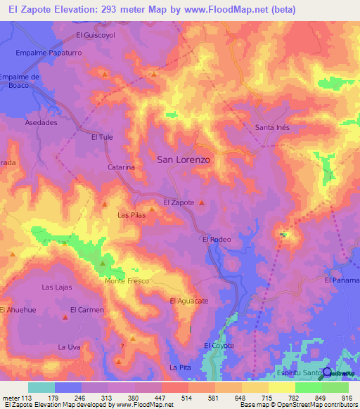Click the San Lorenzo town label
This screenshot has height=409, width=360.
click(x=184, y=160)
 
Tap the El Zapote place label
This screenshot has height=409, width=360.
click(x=179, y=202)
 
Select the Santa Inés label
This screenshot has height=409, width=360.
click(x=272, y=127)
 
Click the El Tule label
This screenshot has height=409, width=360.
click(x=102, y=138)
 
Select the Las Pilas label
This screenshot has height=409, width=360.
click(x=131, y=215)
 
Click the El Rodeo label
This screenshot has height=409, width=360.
click(x=217, y=240)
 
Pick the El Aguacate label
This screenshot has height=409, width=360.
click(x=189, y=301)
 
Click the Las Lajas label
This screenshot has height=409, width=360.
click(x=57, y=287)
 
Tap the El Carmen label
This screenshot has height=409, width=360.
click(x=87, y=309)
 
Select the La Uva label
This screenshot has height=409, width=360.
click(x=70, y=347)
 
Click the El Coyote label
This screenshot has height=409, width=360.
click(x=219, y=345)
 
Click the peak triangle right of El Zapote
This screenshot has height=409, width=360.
click(x=202, y=203)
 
